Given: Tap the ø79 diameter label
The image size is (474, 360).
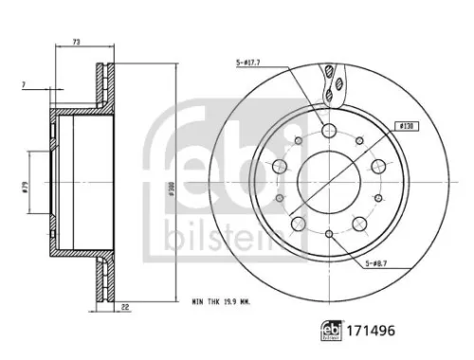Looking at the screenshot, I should (x=25, y=187).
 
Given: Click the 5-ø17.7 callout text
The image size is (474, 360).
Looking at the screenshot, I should (x=248, y=63).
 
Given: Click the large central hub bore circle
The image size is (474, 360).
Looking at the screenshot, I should (x=329, y=178).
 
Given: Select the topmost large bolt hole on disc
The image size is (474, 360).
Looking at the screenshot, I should (x=329, y=132).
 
